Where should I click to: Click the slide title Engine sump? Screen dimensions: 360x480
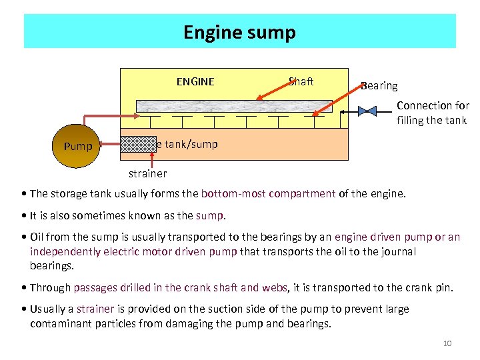[239, 32]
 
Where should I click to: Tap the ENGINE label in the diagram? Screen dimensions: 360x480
[195, 82]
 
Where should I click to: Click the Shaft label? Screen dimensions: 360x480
[301, 81]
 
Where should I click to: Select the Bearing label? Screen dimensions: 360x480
[379, 85]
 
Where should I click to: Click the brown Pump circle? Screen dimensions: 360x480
[78, 144]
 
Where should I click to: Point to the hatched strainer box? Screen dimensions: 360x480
[138, 143]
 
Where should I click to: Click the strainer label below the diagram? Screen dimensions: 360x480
[147, 174]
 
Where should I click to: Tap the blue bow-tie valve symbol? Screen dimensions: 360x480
[367, 111]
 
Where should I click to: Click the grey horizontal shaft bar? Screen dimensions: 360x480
[234, 106]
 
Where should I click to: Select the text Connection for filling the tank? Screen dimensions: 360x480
[433, 113]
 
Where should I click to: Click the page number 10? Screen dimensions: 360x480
[447, 343]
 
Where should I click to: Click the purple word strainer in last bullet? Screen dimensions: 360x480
[95, 309]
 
